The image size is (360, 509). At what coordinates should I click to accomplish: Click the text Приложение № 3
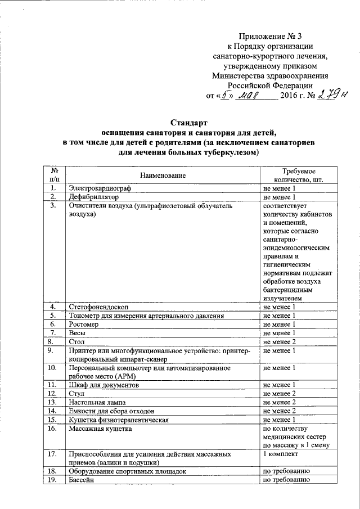click(x=271, y=37)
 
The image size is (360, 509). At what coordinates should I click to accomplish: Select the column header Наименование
click(x=163, y=175)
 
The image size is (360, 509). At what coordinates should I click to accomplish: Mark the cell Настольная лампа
click(x=97, y=403)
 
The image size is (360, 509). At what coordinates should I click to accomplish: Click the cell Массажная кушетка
click(x=100, y=429)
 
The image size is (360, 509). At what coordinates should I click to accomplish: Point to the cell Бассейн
click(x=81, y=481)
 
